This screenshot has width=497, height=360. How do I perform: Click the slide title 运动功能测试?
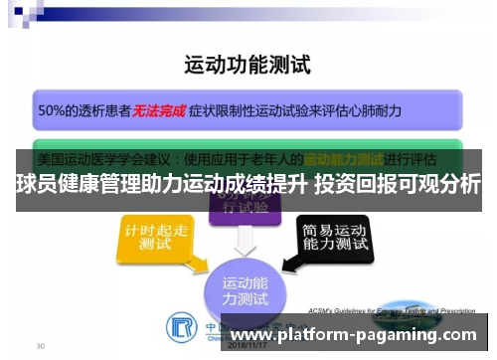[x=248, y=67]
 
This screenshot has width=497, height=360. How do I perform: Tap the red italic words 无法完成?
[x=159, y=111]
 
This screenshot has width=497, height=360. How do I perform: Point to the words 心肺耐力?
[x=373, y=111]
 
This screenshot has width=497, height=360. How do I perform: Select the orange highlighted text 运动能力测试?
[x=343, y=158]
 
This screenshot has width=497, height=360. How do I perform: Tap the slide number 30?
[x=39, y=347]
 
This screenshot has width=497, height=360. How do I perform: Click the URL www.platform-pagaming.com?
[x=357, y=337]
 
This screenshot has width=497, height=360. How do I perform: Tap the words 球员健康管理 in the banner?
[x=66, y=184]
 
